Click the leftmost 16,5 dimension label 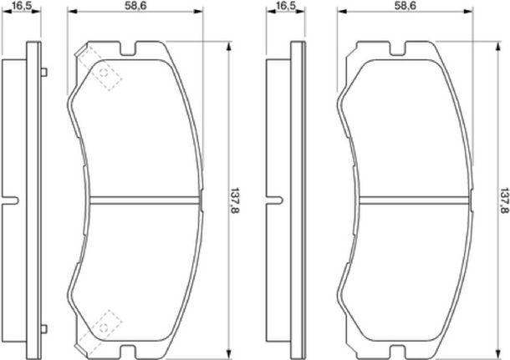22,5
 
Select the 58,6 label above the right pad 405,5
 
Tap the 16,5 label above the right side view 285,5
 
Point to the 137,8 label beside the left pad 235,200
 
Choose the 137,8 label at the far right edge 504,200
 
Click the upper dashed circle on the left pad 104,73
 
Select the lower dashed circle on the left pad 104,327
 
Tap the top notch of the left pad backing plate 128,48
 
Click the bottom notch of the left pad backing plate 128,352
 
